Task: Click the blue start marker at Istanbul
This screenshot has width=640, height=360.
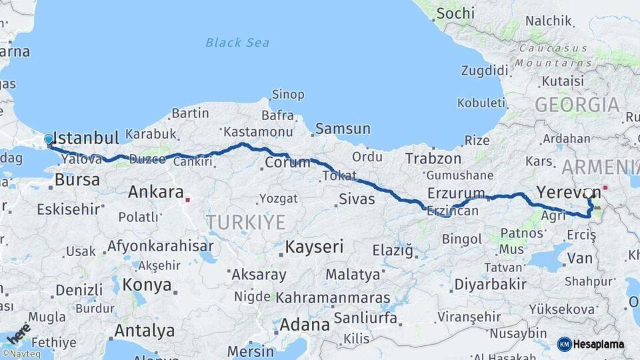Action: pyautogui.click(x=48, y=140)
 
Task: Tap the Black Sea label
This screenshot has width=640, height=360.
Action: pyautogui.click(x=237, y=43)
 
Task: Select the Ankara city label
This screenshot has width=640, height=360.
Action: pyautogui.click(x=155, y=193)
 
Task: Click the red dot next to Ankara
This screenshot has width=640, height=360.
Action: pyautogui.click(x=189, y=199)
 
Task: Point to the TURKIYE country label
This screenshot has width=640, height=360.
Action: pyautogui.click(x=245, y=222)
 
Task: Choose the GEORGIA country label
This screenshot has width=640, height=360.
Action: pyautogui.click(x=577, y=105)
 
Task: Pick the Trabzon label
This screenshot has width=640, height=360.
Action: pyautogui.click(x=433, y=159)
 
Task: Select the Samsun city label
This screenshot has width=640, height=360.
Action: pyautogui.click(x=343, y=129)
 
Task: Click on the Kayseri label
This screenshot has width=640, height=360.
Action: pyautogui.click(x=314, y=247)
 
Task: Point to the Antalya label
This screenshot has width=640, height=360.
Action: pyautogui.click(x=145, y=331)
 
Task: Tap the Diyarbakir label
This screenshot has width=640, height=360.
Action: pyautogui.click(x=490, y=283)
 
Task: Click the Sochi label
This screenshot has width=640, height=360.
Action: pyautogui.click(x=456, y=13)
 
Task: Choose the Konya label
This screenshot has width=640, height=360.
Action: pyautogui.click(x=147, y=285)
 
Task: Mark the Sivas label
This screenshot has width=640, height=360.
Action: pyautogui.click(x=357, y=199)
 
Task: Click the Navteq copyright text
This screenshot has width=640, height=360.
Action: pyautogui.click(x=21, y=354)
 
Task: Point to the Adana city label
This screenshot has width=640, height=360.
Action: pyautogui.click(x=305, y=325)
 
